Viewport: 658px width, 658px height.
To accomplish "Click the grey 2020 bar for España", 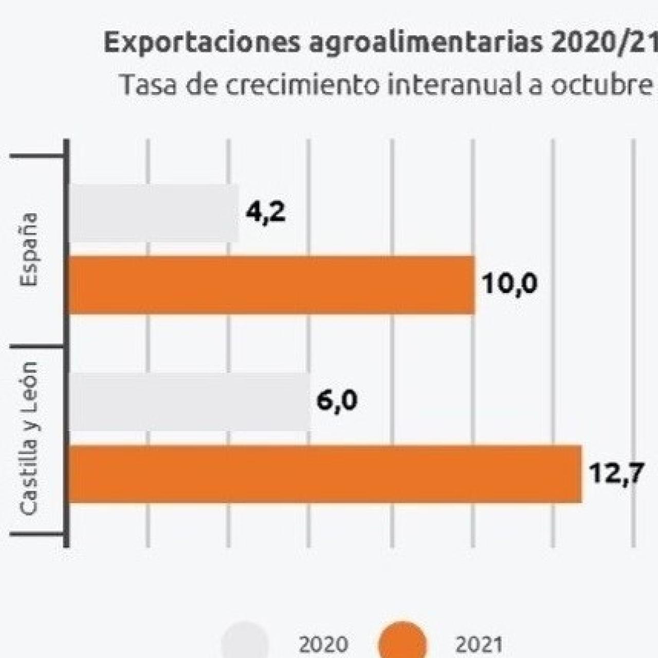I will pyautogui.click(x=153, y=213).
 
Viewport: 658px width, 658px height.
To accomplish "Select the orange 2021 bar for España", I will pyautogui.click(x=271, y=285).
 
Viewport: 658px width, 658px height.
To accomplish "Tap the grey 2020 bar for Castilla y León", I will pyautogui.click(x=189, y=402).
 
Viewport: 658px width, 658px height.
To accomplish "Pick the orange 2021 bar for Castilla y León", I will pyautogui.click(x=325, y=474).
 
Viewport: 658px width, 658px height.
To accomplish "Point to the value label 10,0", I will pyautogui.click(x=510, y=284).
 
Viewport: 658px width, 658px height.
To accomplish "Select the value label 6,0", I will pyautogui.click(x=337, y=401).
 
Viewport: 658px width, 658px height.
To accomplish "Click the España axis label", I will pyautogui.click(x=29, y=249).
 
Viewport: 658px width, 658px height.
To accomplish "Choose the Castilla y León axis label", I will pyautogui.click(x=29, y=438).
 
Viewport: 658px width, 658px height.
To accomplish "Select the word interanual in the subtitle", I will pyautogui.click(x=452, y=85).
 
